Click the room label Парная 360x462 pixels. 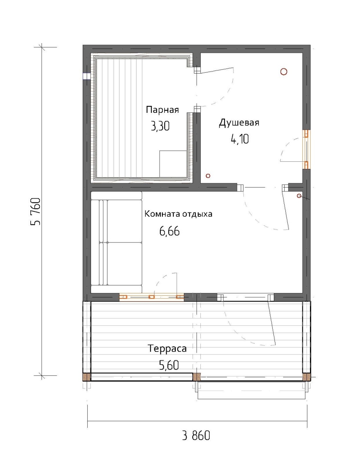click(x=162, y=110)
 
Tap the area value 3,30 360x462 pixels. click(x=160, y=127)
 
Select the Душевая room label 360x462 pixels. click(x=239, y=123)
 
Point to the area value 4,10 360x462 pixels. click(x=240, y=139)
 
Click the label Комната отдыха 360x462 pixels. click(x=178, y=214)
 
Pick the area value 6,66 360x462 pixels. click(x=170, y=231)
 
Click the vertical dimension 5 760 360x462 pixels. click(x=36, y=212)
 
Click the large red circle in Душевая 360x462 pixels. click(x=284, y=72)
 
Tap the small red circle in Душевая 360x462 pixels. click(x=208, y=176)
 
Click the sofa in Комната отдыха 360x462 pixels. click(x=117, y=243)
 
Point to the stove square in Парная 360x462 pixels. click(x=173, y=164)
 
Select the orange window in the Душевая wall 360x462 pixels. click(x=306, y=149)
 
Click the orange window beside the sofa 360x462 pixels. click(x=152, y=297)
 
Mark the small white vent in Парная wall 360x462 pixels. click(x=87, y=76)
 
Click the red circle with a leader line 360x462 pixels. click(x=299, y=196)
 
